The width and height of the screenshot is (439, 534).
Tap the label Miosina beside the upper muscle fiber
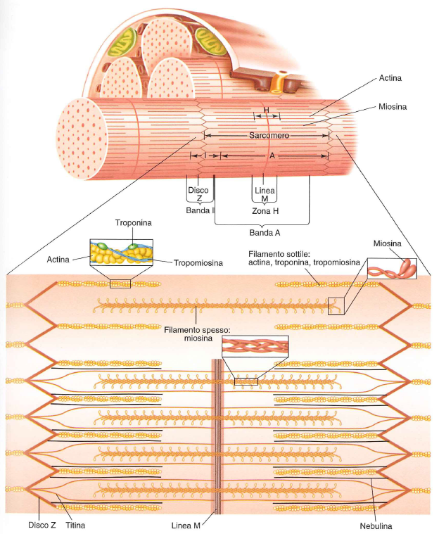pyautogui.click(x=394, y=106)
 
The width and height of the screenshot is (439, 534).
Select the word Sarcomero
pyautogui.click(x=269, y=134)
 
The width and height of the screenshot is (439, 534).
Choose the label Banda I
pyautogui.click(x=200, y=210)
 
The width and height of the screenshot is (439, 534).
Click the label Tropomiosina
pyautogui.click(x=198, y=262)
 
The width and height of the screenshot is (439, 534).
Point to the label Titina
pyautogui.click(x=72, y=524)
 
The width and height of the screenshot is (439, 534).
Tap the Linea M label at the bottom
pyautogui.click(x=187, y=524)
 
